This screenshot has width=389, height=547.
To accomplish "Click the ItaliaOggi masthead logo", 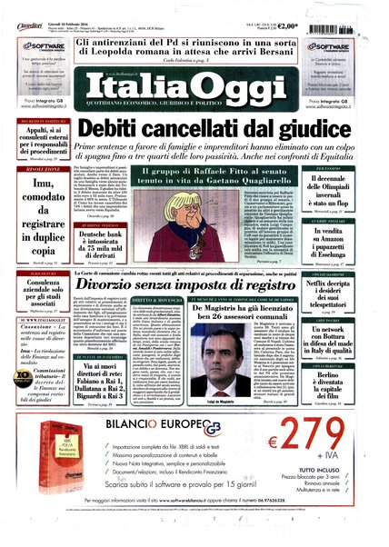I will (x=194, y=90).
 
